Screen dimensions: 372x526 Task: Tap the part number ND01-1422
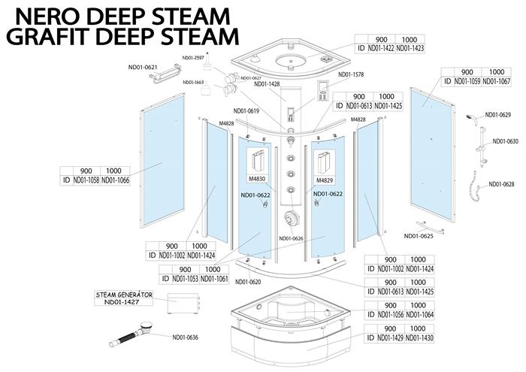(382, 48)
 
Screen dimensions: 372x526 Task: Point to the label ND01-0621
(143, 68)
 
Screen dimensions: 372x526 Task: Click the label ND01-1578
(350, 74)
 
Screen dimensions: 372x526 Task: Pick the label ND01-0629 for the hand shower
(497, 115)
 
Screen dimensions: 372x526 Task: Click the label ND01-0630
(505, 141)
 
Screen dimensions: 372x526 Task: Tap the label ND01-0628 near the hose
(501, 184)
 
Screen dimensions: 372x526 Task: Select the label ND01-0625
(419, 236)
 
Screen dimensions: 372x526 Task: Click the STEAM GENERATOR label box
(124, 298)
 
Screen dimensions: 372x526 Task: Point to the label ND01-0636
(185, 337)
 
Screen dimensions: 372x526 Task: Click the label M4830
(258, 180)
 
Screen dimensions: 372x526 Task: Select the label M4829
(325, 180)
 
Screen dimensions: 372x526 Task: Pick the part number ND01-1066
(115, 180)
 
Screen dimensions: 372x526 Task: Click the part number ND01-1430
(419, 338)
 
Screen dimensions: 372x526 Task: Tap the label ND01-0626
(291, 239)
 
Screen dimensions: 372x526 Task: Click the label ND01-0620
(247, 282)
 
